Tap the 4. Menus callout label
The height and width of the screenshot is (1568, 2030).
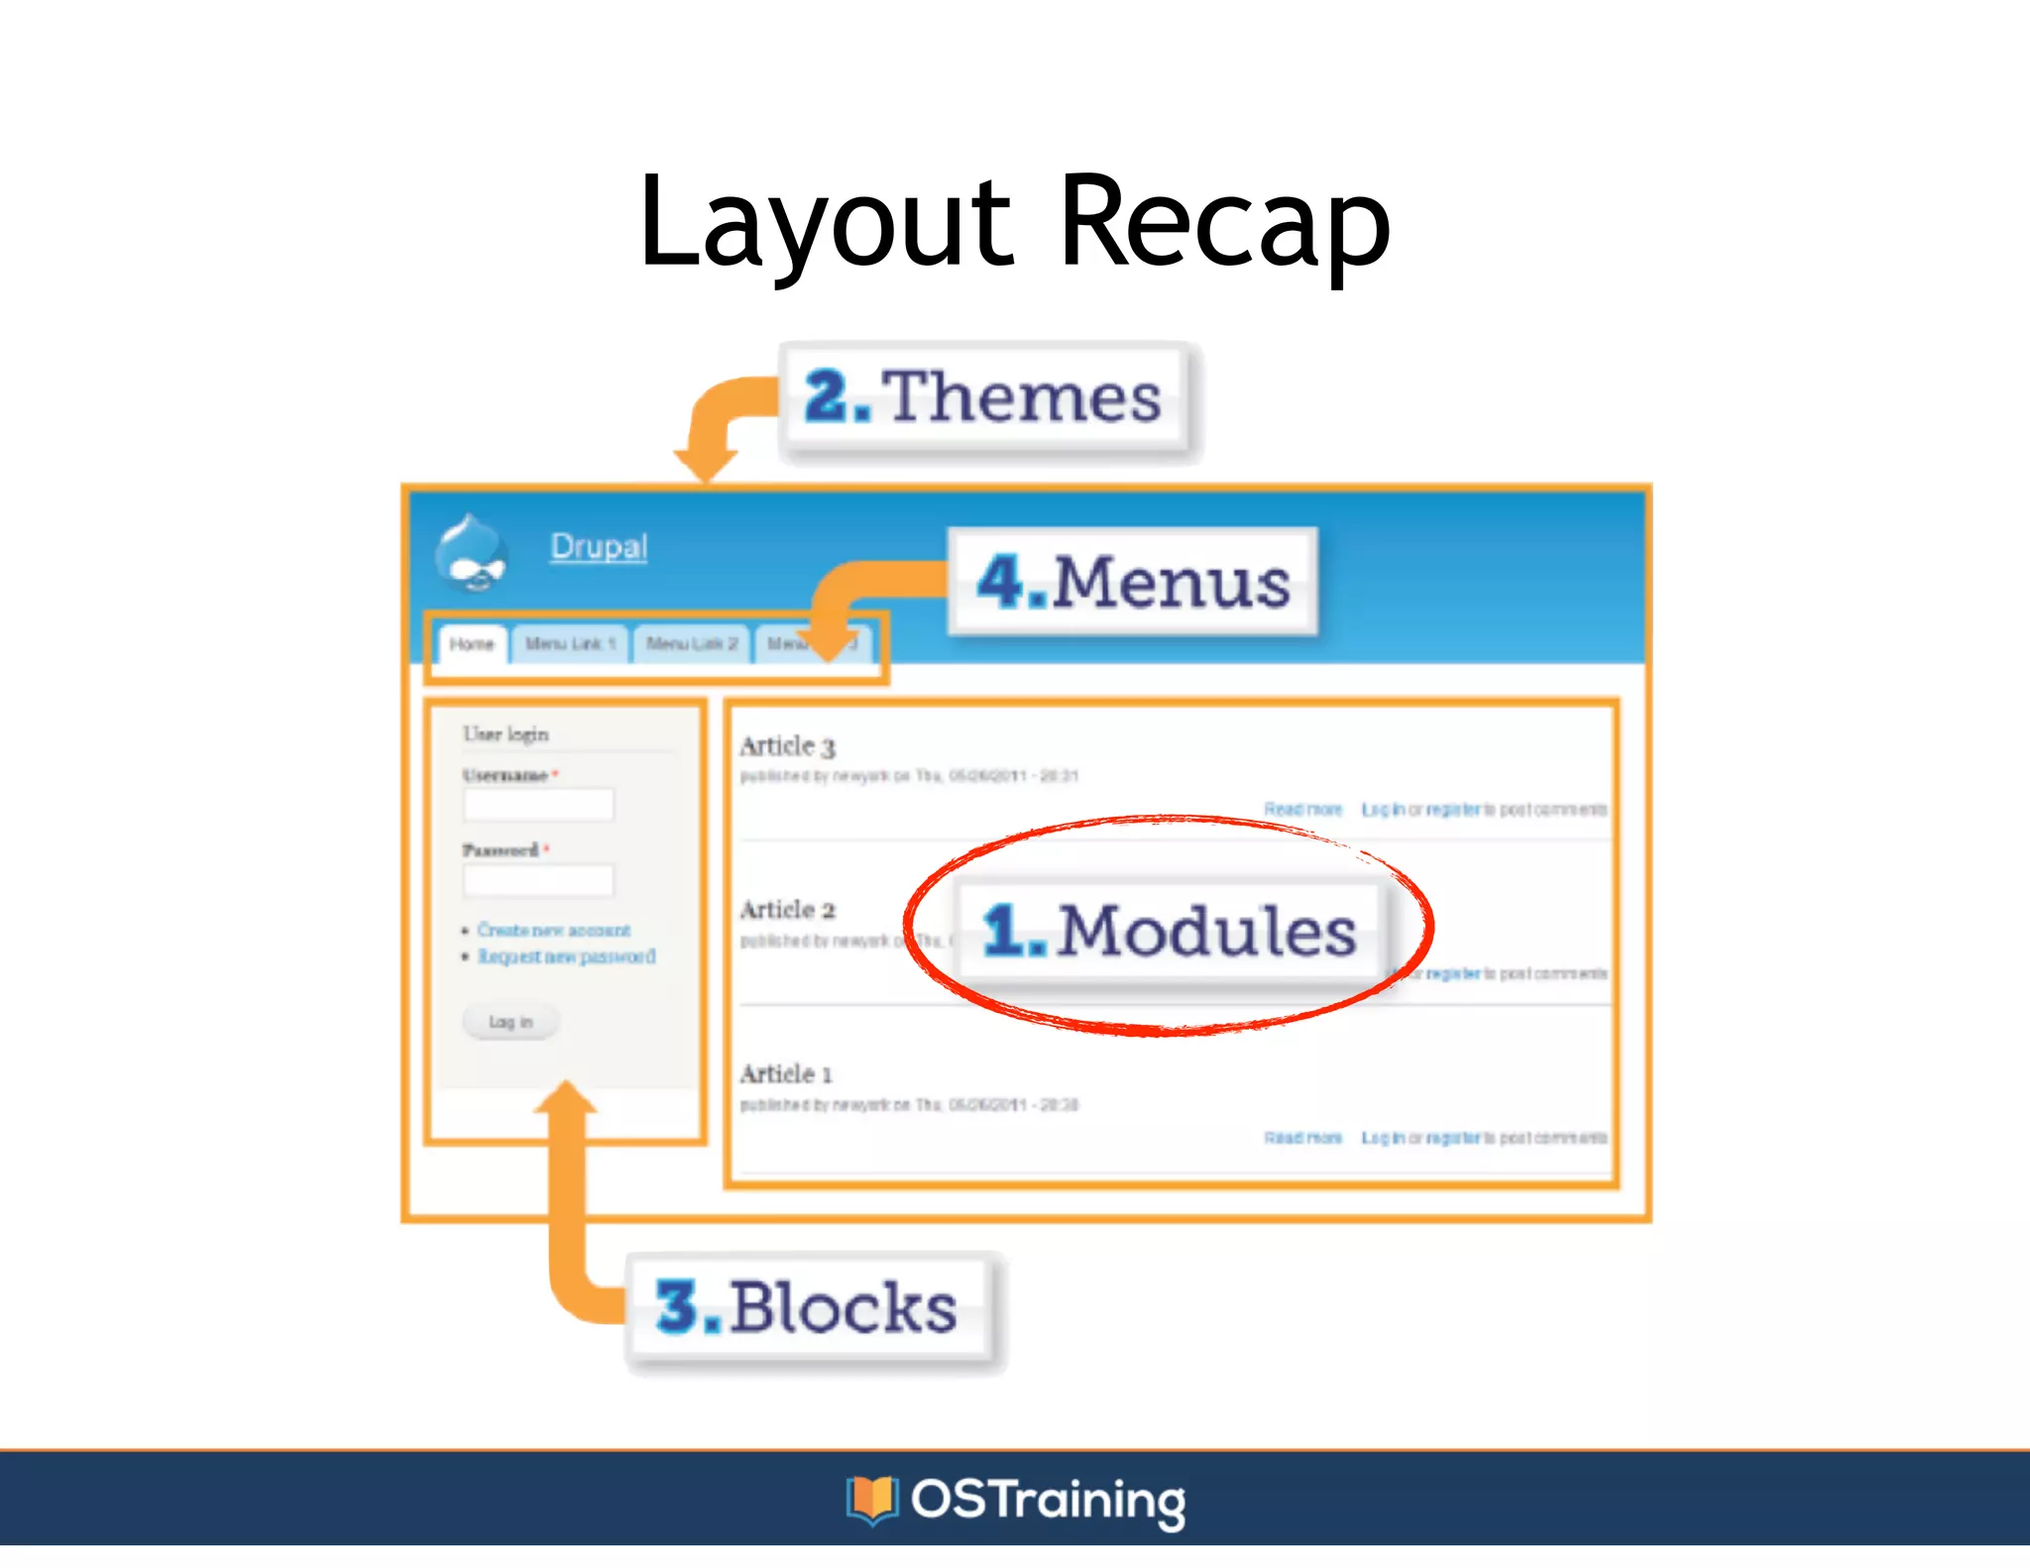[x=1133, y=582]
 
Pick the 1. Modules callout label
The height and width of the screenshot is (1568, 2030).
[x=1169, y=931]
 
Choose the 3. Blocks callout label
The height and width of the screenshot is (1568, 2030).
[x=808, y=1307]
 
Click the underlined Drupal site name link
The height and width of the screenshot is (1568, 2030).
[x=599, y=546]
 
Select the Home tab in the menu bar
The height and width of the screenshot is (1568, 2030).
[x=472, y=644]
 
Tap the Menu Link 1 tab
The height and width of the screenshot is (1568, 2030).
[x=570, y=644]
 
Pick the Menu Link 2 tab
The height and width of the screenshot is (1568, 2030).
[x=692, y=644]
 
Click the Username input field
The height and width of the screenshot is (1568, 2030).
[x=538, y=804]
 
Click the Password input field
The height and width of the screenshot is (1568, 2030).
[x=538, y=880]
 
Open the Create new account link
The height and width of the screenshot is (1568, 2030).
[x=553, y=930]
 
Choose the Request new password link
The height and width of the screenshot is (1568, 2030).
[x=566, y=956]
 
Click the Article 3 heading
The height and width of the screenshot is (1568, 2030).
[x=787, y=746]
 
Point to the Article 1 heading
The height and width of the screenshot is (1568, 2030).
[x=786, y=1074]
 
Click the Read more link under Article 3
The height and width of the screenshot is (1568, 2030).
[x=1302, y=810]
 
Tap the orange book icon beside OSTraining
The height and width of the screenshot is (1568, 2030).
[x=871, y=1499]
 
